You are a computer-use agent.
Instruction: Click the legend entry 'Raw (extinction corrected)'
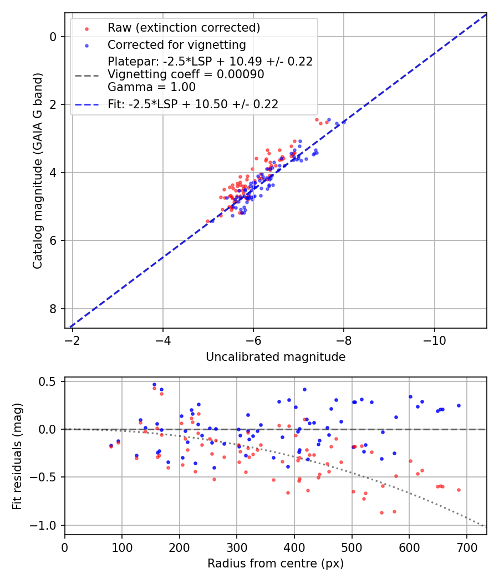[x=184, y=28]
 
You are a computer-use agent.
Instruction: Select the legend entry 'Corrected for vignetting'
[x=176, y=44]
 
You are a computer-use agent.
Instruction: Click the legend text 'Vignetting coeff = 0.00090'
[x=186, y=74]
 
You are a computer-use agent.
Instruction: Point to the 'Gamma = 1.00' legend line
[x=151, y=87]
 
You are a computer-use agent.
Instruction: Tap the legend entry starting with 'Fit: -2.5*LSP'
[x=193, y=104]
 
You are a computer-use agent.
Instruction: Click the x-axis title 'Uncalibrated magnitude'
[x=276, y=357]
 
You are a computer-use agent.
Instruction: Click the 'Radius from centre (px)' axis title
[x=276, y=564]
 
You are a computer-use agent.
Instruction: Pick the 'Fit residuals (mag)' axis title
[x=17, y=455]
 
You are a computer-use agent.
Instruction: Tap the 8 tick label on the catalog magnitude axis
[x=53, y=309]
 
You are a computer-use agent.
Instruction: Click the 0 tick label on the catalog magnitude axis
[x=53, y=37]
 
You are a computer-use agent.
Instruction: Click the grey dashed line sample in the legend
[x=86, y=74]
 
